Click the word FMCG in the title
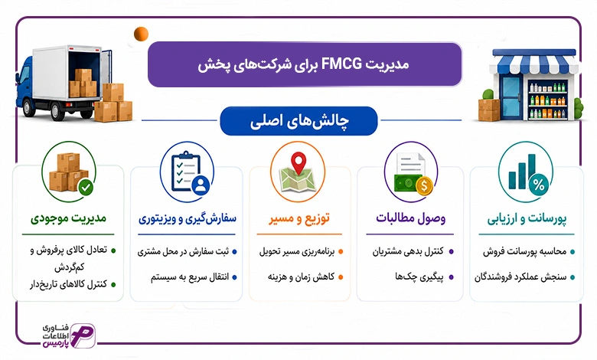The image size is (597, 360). [341, 64]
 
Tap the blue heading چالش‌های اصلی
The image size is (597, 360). [298, 121]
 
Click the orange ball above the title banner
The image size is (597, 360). [141, 34]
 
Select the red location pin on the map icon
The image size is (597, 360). [298, 162]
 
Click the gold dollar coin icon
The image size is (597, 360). [424, 186]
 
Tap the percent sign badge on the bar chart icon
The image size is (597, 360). [538, 185]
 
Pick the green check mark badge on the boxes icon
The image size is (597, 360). [86, 187]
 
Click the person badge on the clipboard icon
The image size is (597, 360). [201, 185]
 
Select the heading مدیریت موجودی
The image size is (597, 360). [69, 218]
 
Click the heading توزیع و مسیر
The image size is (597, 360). [299, 218]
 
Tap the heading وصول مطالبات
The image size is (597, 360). [410, 218]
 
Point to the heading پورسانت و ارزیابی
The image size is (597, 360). [527, 218]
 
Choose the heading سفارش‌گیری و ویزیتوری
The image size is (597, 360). [188, 218]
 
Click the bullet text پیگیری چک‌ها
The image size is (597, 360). [419, 277]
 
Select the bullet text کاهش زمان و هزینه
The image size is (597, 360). [301, 277]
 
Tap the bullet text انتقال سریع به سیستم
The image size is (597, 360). [190, 277]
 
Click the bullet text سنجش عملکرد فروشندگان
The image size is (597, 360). [520, 277]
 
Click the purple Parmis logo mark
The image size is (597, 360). [83, 335]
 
